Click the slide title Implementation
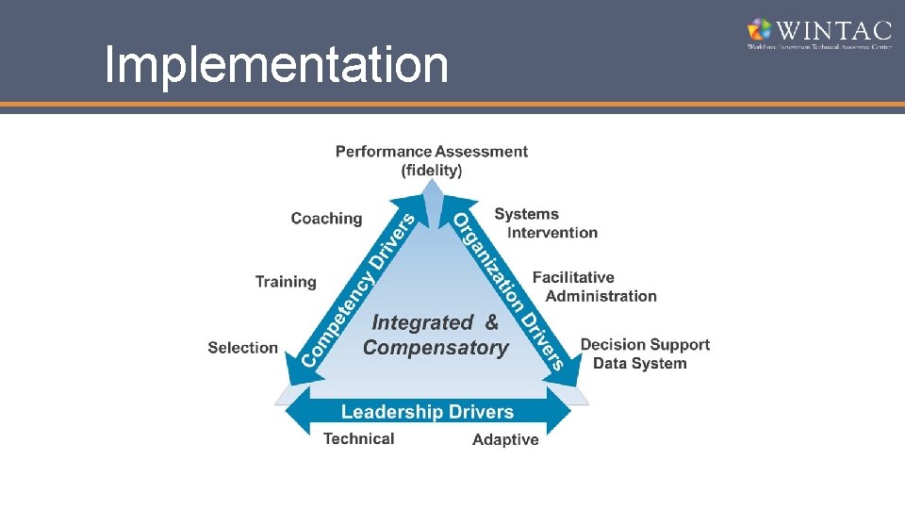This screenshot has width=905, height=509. point(276,65)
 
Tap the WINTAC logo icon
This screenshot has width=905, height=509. point(760,29)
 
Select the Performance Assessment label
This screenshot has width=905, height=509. point(432,151)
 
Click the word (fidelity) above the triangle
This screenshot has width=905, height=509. point(432,171)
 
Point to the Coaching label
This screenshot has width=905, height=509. point(326,219)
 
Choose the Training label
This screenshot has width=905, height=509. point(286,282)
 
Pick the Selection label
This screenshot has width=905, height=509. point(243,348)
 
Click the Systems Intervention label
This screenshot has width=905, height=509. point(546,223)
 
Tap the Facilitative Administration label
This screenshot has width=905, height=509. point(594,287)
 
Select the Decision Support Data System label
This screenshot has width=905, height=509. point(645,354)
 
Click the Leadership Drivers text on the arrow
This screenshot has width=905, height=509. point(427,412)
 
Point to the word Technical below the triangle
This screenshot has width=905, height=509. point(358,439)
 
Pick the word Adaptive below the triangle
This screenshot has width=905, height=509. point(505,440)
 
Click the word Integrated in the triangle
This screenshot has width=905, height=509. point(422,322)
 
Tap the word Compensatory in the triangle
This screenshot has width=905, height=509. point(436,348)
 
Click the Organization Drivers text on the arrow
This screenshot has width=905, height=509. point(509,288)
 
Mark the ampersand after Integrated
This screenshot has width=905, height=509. point(491,322)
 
